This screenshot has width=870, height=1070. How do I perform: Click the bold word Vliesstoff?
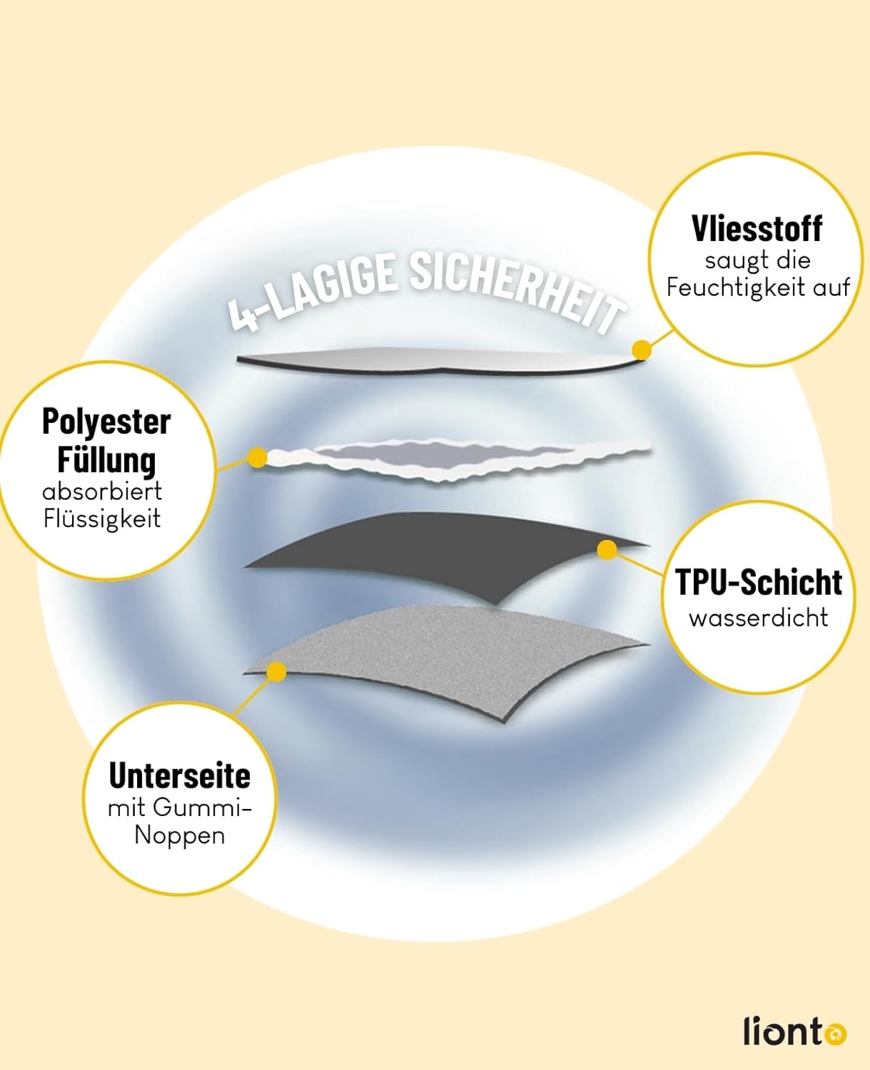tap(757, 228)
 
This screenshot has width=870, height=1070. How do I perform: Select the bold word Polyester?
tap(106, 421)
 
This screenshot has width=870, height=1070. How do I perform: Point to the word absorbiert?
tap(102, 491)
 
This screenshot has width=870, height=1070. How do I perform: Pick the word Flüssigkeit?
tap(102, 519)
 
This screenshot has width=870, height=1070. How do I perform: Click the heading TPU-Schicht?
tap(759, 582)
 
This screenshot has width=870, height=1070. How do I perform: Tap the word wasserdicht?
tap(759, 617)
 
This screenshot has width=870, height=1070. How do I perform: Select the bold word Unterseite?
tap(179, 775)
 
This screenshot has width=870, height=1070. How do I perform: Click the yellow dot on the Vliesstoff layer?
tap(642, 350)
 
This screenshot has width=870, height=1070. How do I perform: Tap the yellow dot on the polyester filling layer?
tap(258, 458)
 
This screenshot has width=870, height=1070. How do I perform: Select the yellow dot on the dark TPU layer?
tap(607, 549)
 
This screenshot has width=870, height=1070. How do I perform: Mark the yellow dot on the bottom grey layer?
tap(276, 672)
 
